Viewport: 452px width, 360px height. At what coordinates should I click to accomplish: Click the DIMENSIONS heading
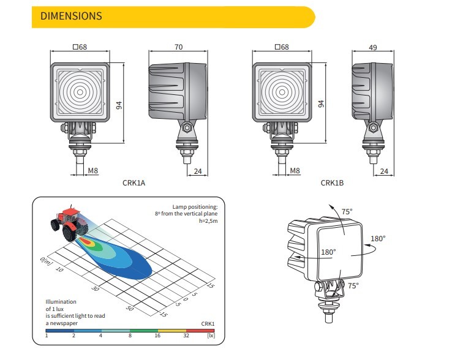pos(71,16)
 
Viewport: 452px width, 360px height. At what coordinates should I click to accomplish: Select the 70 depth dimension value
pos(179,46)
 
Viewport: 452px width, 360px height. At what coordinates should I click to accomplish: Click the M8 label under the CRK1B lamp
pos(295,171)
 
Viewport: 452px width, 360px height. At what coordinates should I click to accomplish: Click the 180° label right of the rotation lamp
pos(378,238)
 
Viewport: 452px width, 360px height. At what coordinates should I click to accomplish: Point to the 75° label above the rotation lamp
pos(347,212)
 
